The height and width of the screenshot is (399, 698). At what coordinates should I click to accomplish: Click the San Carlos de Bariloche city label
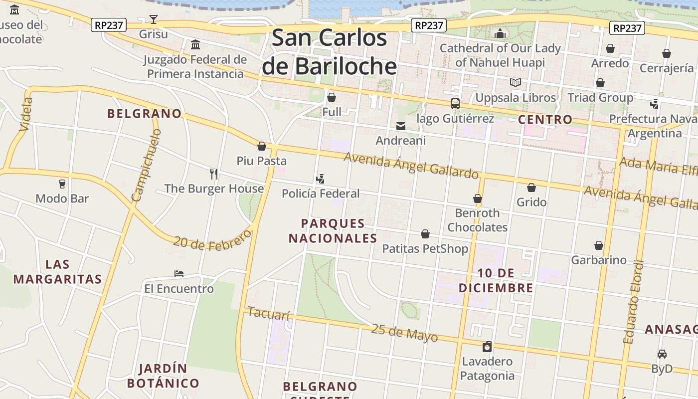(330, 52)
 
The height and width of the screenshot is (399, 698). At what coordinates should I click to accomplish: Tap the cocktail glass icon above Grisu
(154, 19)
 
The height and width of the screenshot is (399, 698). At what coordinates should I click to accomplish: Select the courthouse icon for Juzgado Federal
(195, 45)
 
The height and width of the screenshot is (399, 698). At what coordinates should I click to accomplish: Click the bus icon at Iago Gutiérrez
(455, 104)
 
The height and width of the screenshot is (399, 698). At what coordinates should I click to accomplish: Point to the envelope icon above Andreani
(401, 126)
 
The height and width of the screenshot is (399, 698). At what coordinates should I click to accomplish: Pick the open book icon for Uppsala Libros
(515, 83)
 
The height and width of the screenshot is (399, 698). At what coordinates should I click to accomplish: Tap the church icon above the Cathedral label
(500, 34)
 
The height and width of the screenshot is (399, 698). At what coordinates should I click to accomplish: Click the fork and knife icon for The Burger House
(214, 174)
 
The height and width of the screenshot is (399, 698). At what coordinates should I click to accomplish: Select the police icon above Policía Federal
(320, 179)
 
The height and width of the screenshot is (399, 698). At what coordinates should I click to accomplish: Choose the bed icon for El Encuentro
(179, 274)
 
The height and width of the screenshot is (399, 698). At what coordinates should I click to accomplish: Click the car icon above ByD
(662, 354)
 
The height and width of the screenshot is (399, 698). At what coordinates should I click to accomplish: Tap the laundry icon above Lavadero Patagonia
(487, 347)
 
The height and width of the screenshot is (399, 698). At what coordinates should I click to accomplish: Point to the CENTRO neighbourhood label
(545, 120)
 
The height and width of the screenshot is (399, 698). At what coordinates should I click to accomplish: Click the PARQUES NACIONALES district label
(333, 231)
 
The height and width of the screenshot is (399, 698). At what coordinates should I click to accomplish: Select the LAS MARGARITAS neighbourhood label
(57, 272)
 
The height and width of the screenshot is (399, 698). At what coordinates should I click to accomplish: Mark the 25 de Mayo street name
(404, 333)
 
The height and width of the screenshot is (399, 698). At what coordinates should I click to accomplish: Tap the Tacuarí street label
(268, 314)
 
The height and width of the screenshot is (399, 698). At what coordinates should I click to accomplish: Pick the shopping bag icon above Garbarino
(599, 245)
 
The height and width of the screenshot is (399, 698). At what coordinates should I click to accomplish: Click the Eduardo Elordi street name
(634, 302)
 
